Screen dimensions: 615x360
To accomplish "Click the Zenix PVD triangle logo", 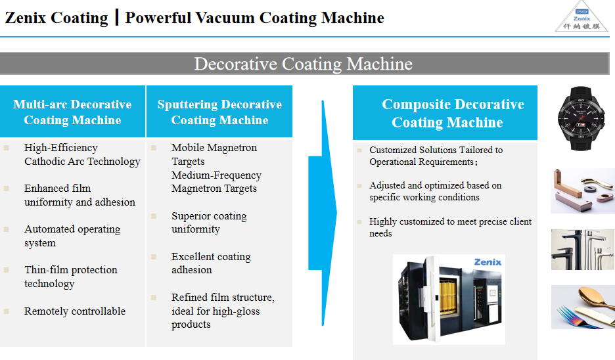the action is tap(581, 18).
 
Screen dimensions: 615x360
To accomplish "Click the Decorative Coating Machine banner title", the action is tap(303, 64).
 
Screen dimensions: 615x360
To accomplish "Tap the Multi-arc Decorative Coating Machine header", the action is tap(72, 112).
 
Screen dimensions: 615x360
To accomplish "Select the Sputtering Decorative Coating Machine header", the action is tap(219, 112).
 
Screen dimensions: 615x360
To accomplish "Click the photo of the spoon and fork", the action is tap(582, 307).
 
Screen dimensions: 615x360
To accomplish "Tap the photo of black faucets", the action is tap(582, 250).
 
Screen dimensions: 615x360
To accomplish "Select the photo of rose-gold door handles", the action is tap(582, 191).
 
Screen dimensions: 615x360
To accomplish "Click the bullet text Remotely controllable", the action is tap(75, 311).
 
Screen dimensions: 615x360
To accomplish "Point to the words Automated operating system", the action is tap(72, 236).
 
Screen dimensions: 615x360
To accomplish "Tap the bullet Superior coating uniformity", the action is tap(209, 223).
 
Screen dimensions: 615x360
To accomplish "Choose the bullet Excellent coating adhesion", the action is tap(211, 263).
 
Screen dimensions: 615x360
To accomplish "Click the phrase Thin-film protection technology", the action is tap(71, 277).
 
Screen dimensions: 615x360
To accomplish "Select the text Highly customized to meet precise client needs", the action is tap(450, 227).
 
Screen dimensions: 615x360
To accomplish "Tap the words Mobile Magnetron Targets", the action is tap(214, 154).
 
